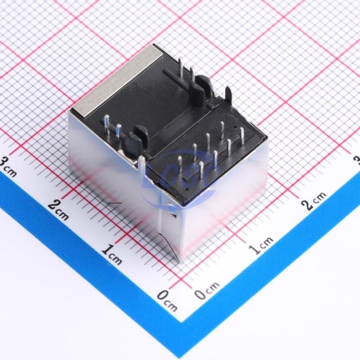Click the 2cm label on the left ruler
click(58, 210)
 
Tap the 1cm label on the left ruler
click(112, 255)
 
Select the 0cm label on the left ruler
click(167, 301)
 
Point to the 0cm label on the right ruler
click(207, 291)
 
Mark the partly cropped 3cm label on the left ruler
click(8, 166)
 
